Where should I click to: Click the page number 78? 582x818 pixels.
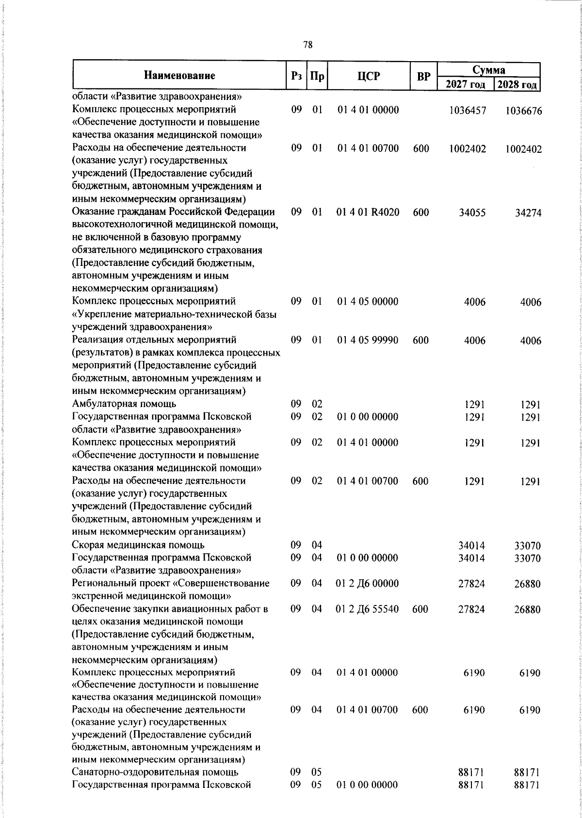point(307,45)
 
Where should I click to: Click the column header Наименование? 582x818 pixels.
point(179,76)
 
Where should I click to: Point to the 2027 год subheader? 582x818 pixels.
point(466,84)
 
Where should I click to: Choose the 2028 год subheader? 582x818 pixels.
point(517,84)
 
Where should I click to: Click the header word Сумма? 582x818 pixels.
point(488,70)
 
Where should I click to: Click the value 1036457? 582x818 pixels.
point(468,111)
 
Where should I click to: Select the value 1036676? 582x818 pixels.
point(523,111)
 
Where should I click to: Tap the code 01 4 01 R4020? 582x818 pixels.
point(368,212)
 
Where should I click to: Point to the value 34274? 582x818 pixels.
point(528,213)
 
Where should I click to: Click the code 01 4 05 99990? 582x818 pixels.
point(368,340)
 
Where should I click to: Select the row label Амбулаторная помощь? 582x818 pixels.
point(124,404)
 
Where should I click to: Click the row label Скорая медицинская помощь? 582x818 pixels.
point(138,545)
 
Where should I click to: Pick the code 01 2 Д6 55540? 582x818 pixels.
point(367,609)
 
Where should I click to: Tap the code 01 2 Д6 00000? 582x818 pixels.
point(367,583)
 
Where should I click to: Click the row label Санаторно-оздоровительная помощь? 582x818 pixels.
point(155,772)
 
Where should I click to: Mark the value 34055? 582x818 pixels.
point(472,213)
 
